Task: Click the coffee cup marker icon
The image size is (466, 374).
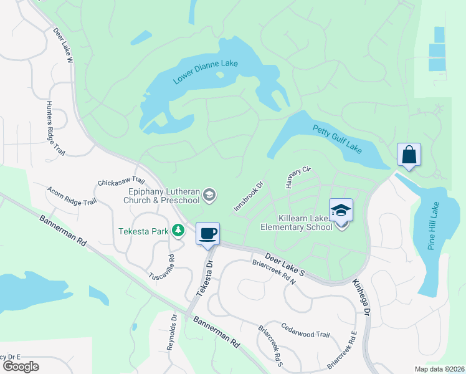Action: click(x=207, y=234)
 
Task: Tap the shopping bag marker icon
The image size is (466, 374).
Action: click(x=409, y=155)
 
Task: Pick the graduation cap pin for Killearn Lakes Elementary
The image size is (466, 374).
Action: click(x=341, y=210)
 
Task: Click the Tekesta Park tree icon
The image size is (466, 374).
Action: click(x=179, y=231)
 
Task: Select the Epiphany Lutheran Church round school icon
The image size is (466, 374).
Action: click(x=209, y=195)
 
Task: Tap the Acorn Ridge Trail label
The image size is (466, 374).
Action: click(x=72, y=194)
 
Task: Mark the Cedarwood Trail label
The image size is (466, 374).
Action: click(x=305, y=330)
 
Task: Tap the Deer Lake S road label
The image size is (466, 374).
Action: click(x=284, y=264)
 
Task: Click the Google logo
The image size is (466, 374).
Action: click(x=20, y=366)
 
